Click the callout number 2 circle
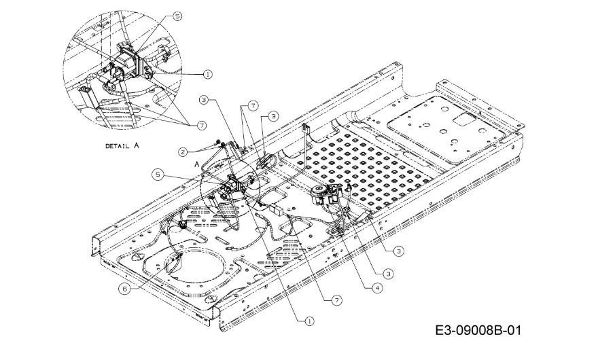point(183,151)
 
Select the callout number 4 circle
point(377,288)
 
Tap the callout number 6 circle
point(124,289)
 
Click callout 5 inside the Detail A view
point(177,16)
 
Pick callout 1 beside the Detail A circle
point(208,74)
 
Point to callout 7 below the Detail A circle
point(201,126)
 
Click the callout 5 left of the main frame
point(157,175)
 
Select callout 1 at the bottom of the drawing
point(310,321)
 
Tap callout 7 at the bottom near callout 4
point(337,300)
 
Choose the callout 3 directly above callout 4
point(388,274)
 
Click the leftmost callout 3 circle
point(204,100)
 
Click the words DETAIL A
point(122,145)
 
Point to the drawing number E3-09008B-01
point(478,330)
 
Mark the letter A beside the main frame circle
point(197,164)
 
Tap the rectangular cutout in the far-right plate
point(463,120)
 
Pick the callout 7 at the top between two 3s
point(252,106)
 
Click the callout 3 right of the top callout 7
point(273,116)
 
